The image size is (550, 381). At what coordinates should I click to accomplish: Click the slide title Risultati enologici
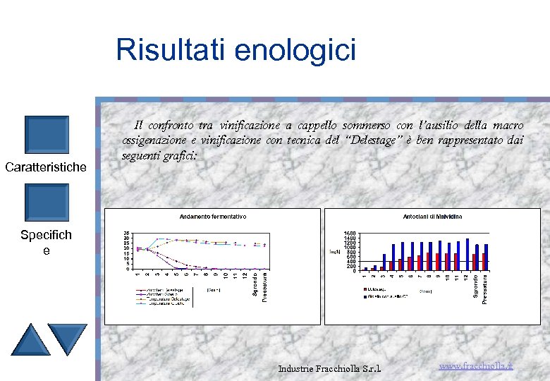pos(236,50)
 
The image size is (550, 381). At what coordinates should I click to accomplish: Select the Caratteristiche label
pos(46,167)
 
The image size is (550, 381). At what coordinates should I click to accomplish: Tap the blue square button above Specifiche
pos(47,202)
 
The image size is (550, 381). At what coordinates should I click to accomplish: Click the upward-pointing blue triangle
pos(31,339)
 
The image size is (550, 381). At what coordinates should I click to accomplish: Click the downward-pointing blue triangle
pos(68,339)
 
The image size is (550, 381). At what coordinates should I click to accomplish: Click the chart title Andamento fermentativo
pos(213,216)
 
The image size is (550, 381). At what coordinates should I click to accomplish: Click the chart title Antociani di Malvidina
pos(432,216)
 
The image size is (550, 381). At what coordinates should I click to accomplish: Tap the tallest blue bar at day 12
pos(467,254)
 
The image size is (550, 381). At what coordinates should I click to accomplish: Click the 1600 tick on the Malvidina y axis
pos(350,234)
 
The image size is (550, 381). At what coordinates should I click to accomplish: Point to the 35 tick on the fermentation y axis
pos(126,234)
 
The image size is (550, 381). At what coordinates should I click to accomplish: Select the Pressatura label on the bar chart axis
pos(486,289)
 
